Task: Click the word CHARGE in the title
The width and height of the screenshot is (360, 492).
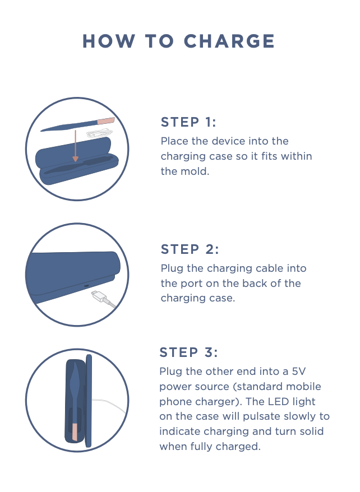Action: click(229, 41)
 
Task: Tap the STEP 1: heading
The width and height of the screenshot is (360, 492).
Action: click(188, 122)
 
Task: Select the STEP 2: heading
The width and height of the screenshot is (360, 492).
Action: click(190, 249)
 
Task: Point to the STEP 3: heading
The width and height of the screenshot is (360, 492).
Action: click(188, 352)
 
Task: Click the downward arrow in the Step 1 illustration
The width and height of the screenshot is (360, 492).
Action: click(75, 146)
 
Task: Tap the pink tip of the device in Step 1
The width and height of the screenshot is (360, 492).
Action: click(106, 121)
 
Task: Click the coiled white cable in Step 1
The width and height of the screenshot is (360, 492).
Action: click(99, 134)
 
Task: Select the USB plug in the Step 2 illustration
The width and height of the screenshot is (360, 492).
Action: click(99, 296)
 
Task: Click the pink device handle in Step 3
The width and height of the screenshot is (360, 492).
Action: click(75, 431)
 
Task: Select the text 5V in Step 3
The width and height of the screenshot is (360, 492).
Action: click(298, 372)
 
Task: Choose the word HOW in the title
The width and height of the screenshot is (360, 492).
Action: click(109, 41)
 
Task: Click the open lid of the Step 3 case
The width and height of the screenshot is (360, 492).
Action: click(89, 401)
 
